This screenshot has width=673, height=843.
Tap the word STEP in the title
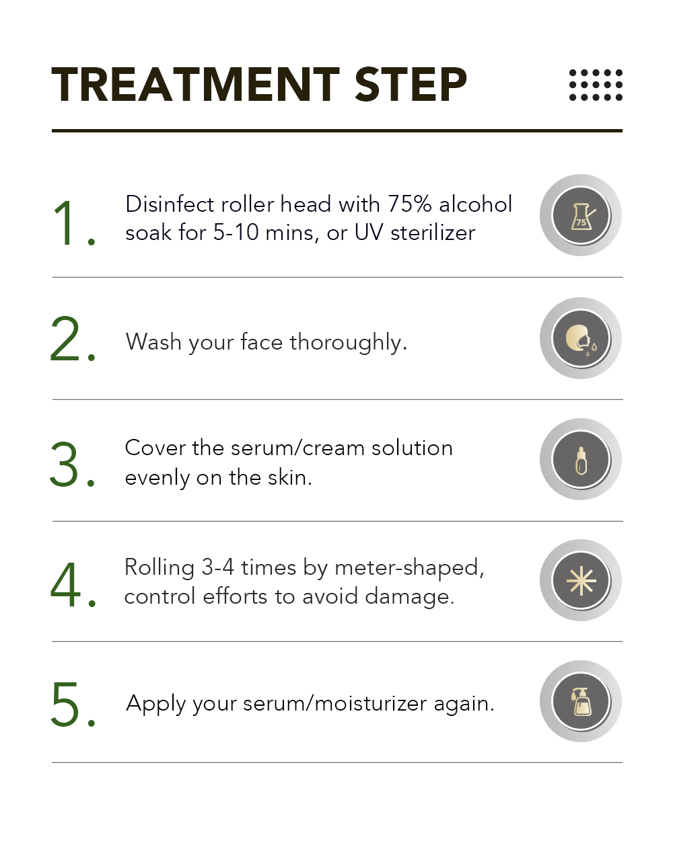point(411,84)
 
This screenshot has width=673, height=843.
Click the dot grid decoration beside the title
point(596,85)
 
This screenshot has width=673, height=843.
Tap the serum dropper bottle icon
point(581,460)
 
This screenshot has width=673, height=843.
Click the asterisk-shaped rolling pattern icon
point(581,581)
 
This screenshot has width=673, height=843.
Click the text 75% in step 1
point(410,204)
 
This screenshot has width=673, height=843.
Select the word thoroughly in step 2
point(348,343)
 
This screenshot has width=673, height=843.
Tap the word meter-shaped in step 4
point(409,568)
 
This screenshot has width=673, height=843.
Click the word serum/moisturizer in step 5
point(335,704)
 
